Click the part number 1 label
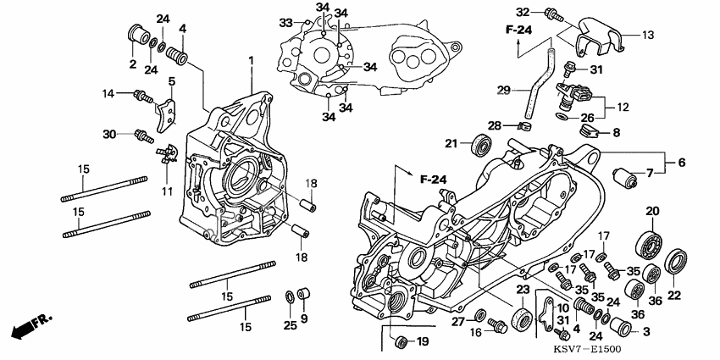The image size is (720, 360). tap(251, 59)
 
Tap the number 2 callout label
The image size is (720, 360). tap(132, 64)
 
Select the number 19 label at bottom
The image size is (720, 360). tap(424, 341)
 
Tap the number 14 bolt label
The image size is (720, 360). tap(108, 93)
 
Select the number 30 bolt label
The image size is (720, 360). tap(109, 134)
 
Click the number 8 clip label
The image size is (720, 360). tap(616, 132)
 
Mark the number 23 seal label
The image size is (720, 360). tap(522, 289)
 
